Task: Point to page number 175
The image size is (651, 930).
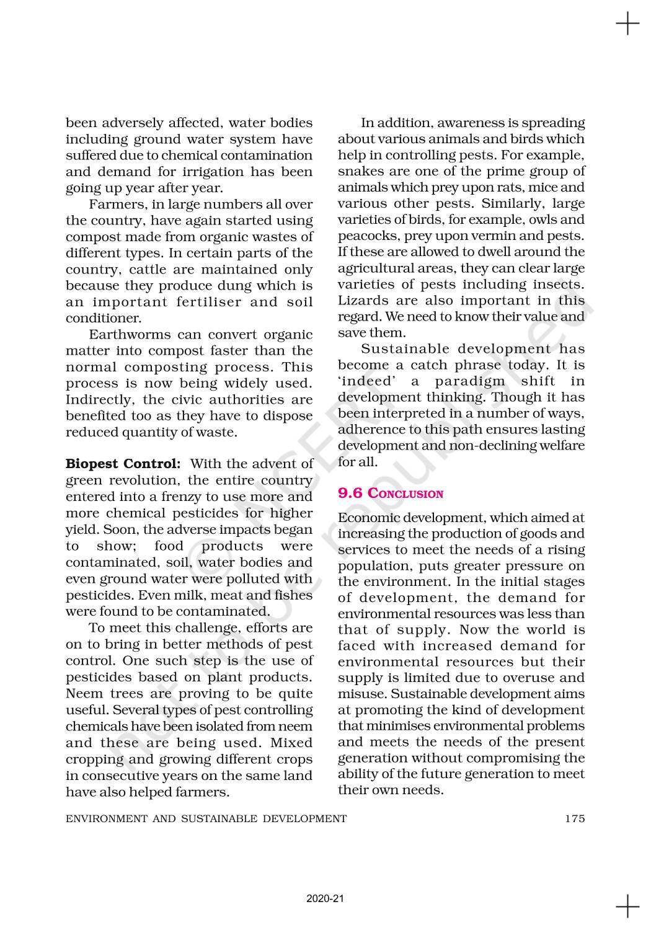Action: tap(575, 818)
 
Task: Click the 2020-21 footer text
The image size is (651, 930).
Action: tap(325, 898)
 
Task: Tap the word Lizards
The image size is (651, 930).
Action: tap(361, 301)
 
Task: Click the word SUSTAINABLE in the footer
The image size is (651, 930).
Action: tap(219, 818)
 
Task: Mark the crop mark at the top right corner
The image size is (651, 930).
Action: tap(627, 24)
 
